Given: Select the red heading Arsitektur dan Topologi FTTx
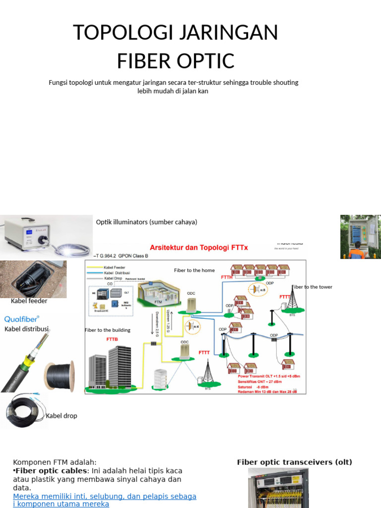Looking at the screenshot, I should (x=198, y=247).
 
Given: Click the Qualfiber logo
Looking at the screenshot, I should (x=22, y=318).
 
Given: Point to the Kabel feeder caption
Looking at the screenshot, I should (x=29, y=301).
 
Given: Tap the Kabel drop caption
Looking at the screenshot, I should (x=62, y=416).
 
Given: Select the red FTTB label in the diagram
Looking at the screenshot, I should (x=112, y=340).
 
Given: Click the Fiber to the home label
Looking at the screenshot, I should (x=194, y=270).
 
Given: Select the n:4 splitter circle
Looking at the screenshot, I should (x=193, y=326).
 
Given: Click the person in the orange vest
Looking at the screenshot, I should (x=356, y=251).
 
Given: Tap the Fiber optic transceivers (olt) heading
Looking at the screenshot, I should (x=294, y=462).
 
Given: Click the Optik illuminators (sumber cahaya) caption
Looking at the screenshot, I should (x=146, y=222).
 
